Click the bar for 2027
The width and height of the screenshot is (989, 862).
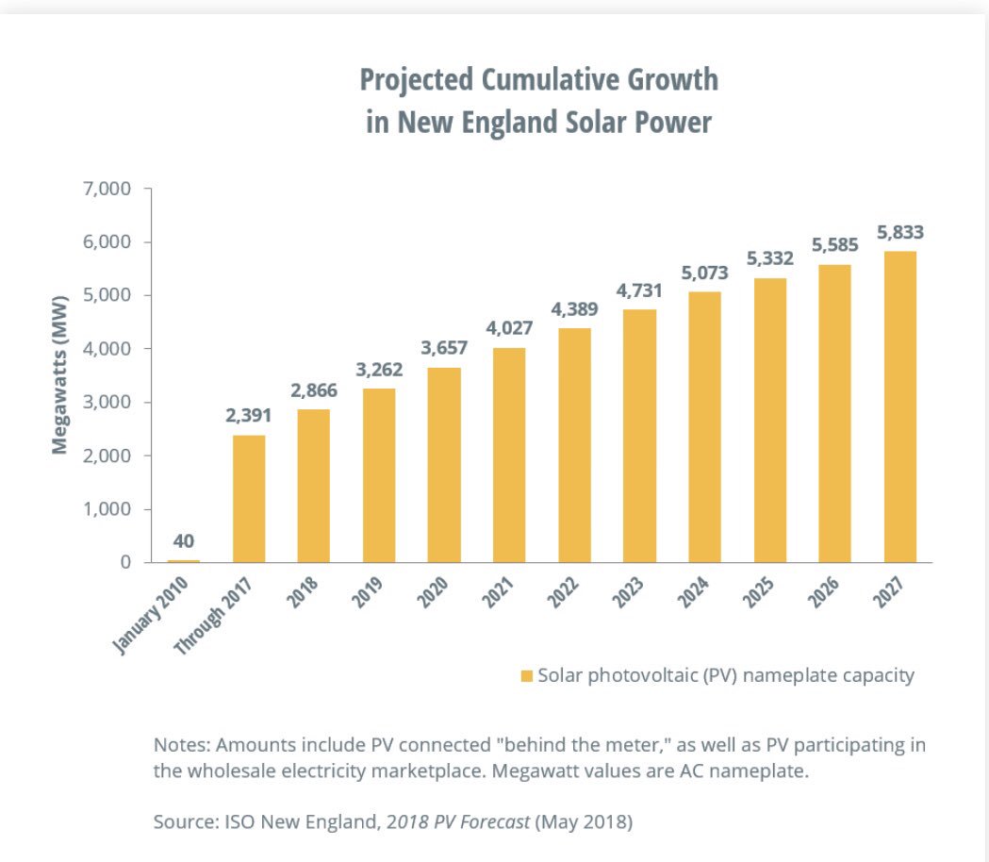tap(899, 406)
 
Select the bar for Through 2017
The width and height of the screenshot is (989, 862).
tap(249, 499)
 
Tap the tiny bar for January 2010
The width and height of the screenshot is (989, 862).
tap(184, 560)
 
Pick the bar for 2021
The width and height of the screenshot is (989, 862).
tap(509, 456)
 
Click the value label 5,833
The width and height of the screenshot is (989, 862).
tap(899, 232)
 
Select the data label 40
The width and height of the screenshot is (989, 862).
tap(184, 541)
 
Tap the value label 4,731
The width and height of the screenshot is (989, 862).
tap(639, 290)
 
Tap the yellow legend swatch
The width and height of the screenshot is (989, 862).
tap(526, 676)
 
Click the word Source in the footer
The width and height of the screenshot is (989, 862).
tap(182, 821)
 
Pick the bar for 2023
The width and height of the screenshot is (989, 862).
tap(639, 436)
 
